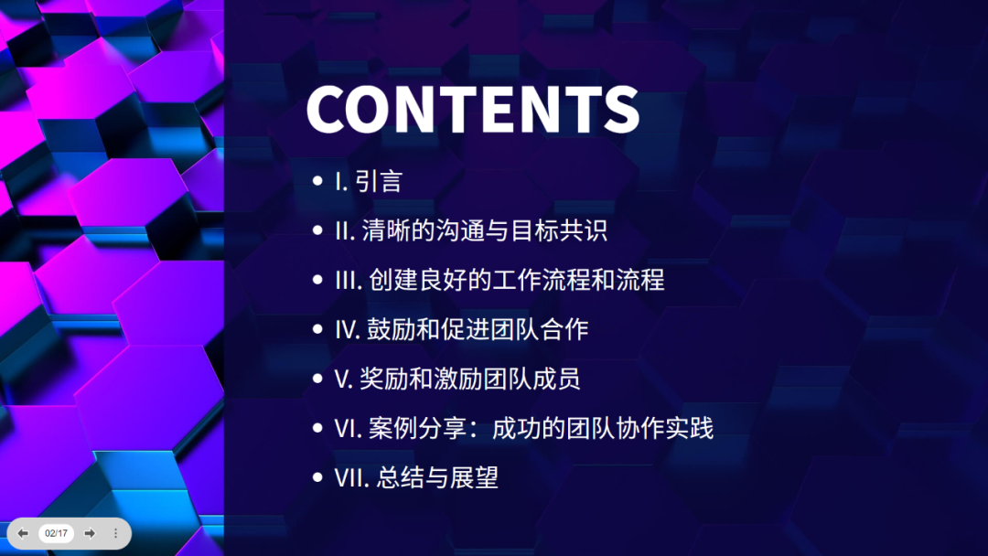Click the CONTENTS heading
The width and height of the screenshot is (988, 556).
472,110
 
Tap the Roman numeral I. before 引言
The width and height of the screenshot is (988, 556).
340,181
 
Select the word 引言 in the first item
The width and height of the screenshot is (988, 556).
379,181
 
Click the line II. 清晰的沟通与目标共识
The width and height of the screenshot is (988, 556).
470,230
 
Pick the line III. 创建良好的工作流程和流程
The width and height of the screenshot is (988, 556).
499,280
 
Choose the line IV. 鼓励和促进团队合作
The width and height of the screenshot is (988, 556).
461,329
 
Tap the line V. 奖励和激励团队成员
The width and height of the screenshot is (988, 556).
457,379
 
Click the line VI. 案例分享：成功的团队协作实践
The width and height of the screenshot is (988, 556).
523,428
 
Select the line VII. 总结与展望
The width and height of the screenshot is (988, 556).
416,477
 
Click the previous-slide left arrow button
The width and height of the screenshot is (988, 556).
23,533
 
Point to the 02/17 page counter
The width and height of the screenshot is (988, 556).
56,533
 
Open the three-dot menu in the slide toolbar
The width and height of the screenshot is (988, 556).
116,533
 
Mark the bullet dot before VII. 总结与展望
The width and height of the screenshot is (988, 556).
317,477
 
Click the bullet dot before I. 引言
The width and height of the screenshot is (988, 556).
317,181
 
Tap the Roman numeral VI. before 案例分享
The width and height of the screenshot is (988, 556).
349,428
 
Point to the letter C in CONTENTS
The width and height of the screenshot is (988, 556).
329,110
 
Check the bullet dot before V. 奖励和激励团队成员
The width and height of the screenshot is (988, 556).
317,379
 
